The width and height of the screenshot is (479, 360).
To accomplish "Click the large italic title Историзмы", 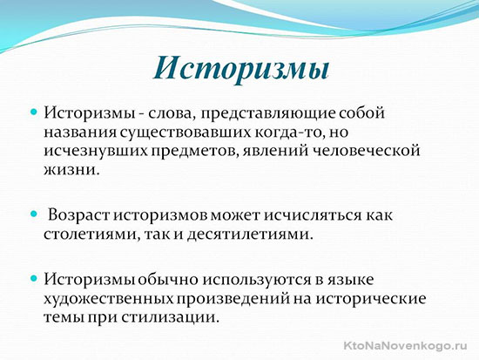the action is point(241,70).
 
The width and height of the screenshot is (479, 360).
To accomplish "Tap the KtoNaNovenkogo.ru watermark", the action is point(405,346).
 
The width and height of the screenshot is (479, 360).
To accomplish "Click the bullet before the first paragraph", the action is point(34,112).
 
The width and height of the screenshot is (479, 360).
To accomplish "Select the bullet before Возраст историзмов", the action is point(34,214).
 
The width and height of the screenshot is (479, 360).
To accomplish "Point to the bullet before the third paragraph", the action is point(34,278).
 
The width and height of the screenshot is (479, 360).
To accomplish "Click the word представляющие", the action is point(268,114).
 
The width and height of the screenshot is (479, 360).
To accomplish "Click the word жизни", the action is point(72,170).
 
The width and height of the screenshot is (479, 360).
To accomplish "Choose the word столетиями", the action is point(92,234).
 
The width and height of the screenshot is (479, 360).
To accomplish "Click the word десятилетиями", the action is point(250,234).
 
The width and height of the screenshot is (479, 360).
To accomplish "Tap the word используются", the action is point(257,281).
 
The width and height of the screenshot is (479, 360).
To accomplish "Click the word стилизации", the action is point(171,318).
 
